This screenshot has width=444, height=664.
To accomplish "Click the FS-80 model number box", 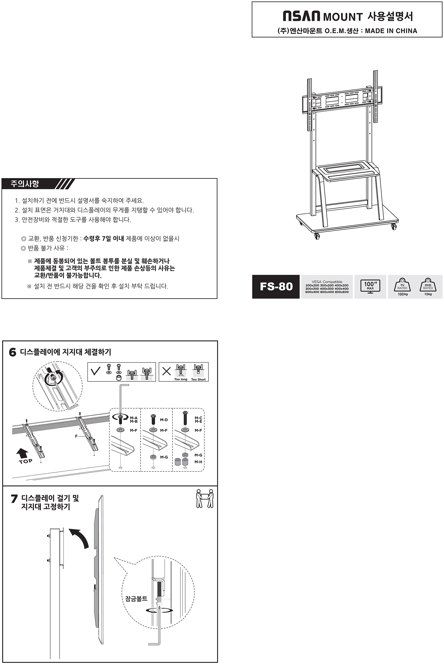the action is coord(276,286).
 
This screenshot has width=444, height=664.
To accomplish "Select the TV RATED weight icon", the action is coord(402,285).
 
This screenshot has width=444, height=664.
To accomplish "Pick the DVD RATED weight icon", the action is coord(428,285).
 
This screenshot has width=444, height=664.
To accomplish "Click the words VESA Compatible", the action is coord(327,282).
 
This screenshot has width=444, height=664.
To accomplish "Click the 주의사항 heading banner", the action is coord(38,184).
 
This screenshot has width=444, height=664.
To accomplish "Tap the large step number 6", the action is coord(13,352).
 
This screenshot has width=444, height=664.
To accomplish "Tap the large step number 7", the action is coord(14,499).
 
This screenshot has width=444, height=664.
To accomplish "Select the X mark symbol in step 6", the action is coord(166,371).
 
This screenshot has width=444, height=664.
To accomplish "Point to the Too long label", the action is coord(181,379).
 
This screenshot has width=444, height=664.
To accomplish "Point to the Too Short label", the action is coord(198,379).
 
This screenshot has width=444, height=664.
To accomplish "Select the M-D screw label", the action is coord(164,420).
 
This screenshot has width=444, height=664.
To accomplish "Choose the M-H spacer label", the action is coord(198,462).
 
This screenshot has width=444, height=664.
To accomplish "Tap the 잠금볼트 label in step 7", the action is coord(136,599).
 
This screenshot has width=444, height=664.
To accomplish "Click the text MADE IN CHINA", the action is coord(391,31).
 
